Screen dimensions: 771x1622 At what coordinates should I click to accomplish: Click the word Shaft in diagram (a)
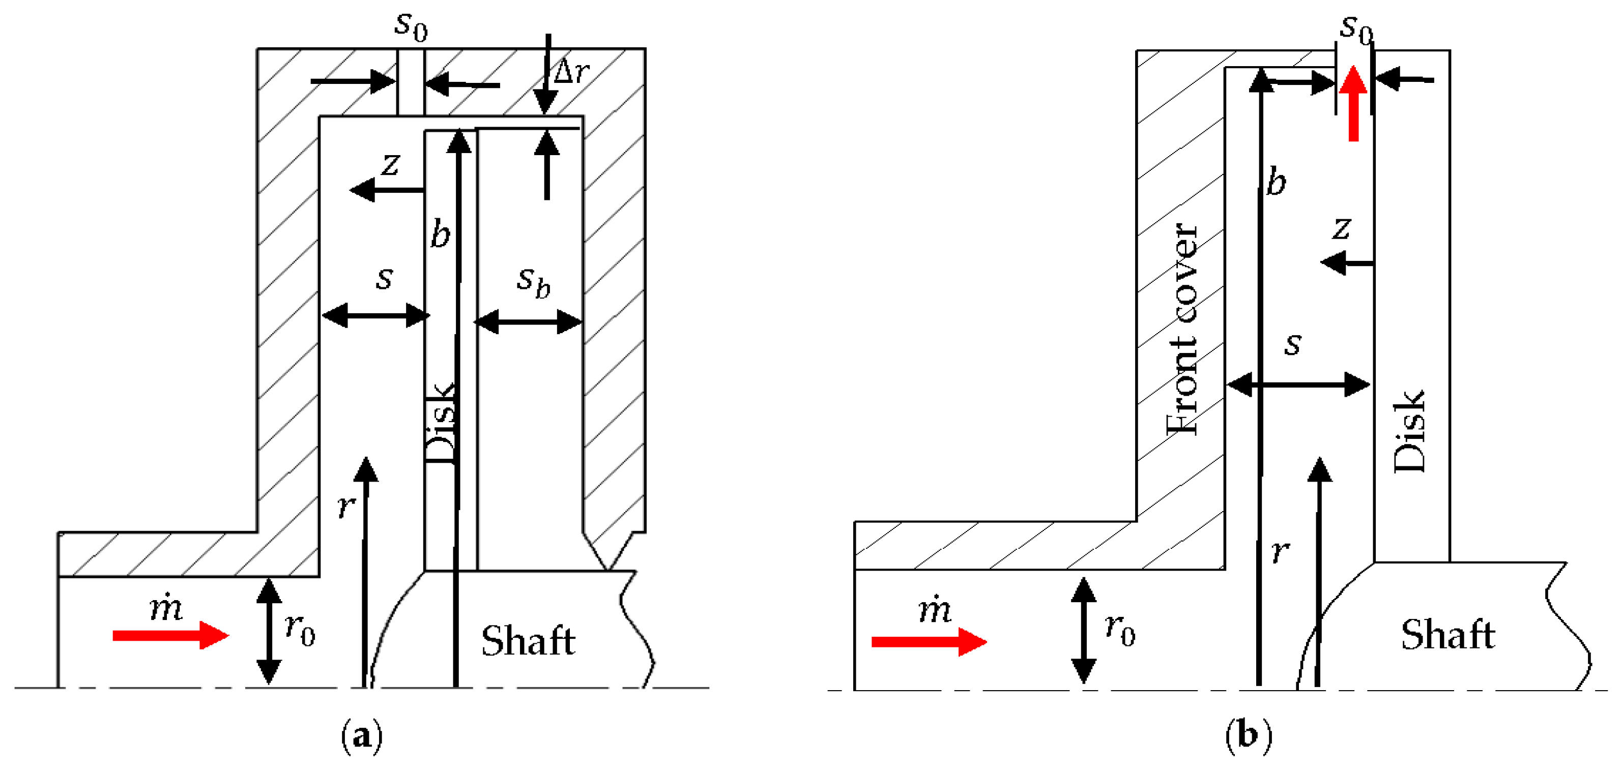pos(528,641)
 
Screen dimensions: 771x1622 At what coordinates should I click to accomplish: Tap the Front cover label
pos(1181,329)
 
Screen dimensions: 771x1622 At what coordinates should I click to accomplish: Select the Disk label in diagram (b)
pos(1409,432)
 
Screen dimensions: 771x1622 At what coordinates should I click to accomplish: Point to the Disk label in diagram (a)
pos(440,423)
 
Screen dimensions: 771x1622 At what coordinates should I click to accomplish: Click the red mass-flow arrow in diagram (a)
pos(170,635)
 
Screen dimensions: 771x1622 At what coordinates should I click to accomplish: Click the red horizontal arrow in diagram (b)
pos(928,641)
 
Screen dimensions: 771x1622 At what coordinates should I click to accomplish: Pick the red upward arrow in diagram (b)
pos(1353,104)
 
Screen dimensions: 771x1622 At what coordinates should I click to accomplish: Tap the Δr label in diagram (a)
pos(571,71)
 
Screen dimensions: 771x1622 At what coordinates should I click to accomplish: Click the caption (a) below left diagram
pos(361,735)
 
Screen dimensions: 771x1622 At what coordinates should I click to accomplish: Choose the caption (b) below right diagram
pos(1248,735)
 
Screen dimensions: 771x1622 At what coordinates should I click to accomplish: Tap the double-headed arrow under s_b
pos(528,322)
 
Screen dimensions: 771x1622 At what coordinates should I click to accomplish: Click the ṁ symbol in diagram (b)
pos(935,609)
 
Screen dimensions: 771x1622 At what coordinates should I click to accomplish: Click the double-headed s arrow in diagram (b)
pos(1298,384)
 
